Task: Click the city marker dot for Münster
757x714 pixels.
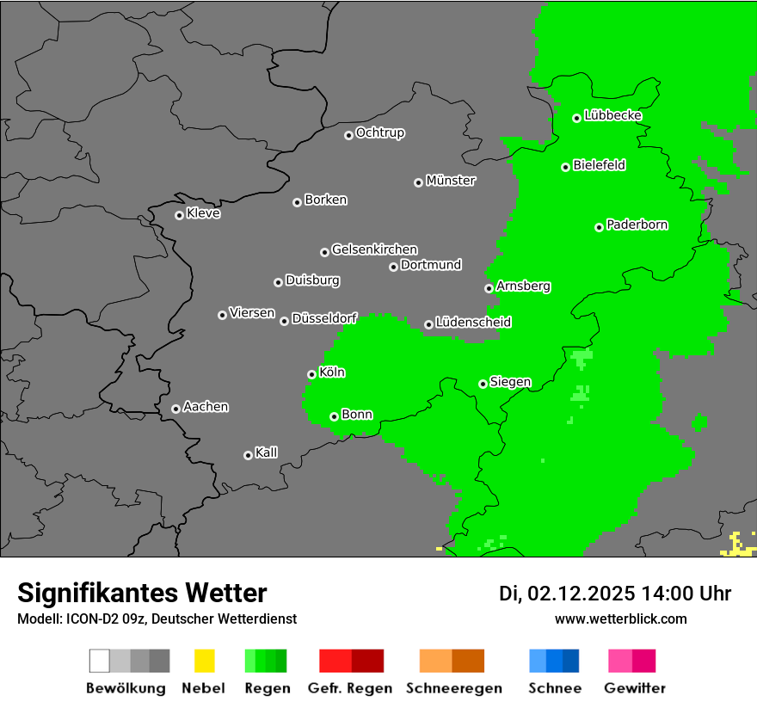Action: (418, 182)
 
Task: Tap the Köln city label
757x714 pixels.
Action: (332, 372)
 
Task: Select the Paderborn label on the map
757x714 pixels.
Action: (637, 225)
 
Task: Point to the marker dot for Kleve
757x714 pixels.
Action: (179, 215)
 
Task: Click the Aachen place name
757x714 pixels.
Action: (206, 407)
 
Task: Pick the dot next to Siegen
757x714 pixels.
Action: (483, 384)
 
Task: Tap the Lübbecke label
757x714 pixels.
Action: (613, 115)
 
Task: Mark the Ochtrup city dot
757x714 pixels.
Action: (348, 135)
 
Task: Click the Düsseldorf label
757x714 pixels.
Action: (324, 318)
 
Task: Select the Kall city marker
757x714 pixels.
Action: (248, 455)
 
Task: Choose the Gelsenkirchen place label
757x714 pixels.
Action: (374, 249)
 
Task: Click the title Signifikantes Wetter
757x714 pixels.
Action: (142, 593)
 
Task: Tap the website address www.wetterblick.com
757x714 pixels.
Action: (621, 619)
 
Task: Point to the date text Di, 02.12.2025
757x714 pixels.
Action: (567, 594)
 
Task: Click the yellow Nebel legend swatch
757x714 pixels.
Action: (204, 661)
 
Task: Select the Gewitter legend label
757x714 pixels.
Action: (635, 688)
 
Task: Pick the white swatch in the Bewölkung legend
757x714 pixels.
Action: (100, 661)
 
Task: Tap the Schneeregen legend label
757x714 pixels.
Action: (453, 688)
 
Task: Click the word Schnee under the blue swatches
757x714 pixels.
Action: (555, 688)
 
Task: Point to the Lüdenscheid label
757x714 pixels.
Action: (473, 323)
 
